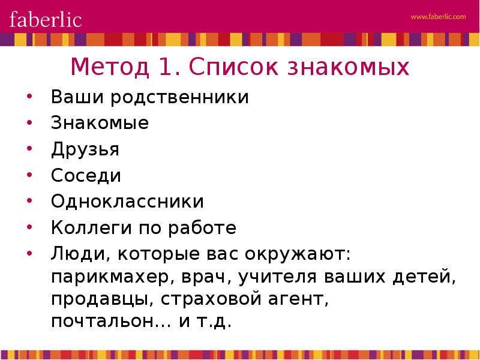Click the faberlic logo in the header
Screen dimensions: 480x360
click(46, 20)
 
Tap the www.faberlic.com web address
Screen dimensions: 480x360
click(438, 17)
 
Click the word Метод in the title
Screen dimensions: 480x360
click(110, 67)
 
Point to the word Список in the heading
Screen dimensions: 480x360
click(233, 67)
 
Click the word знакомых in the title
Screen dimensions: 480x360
click(348, 67)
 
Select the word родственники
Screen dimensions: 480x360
click(179, 97)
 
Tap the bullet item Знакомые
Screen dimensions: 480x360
click(100, 123)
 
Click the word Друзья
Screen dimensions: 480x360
click(85, 149)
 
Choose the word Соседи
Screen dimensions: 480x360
click(86, 176)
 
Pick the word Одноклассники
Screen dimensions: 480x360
click(127, 202)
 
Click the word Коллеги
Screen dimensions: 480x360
click(92, 228)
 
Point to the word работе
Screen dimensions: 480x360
click(202, 228)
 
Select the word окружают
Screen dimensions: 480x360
click(298, 254)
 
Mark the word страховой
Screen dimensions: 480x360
click(211, 299)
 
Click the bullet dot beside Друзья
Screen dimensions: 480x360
click(29, 148)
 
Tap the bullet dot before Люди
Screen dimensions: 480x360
click(29, 253)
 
